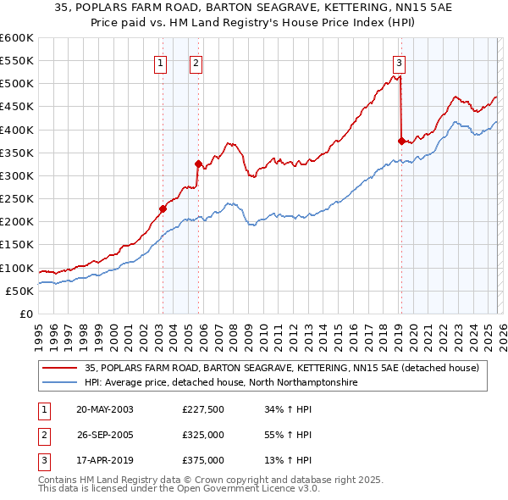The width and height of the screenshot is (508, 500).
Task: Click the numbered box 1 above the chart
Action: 161,62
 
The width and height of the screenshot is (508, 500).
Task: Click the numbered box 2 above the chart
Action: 196,62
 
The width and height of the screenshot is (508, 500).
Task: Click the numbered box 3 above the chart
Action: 399,62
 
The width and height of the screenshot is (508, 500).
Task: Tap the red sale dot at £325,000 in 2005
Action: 197,164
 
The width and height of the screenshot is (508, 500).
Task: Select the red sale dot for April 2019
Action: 401,141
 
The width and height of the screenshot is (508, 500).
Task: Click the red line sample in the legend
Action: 59,368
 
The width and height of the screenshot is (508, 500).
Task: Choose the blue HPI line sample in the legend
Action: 59,382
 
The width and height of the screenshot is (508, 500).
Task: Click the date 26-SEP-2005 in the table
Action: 105,434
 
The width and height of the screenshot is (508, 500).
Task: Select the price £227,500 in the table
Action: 202,408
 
